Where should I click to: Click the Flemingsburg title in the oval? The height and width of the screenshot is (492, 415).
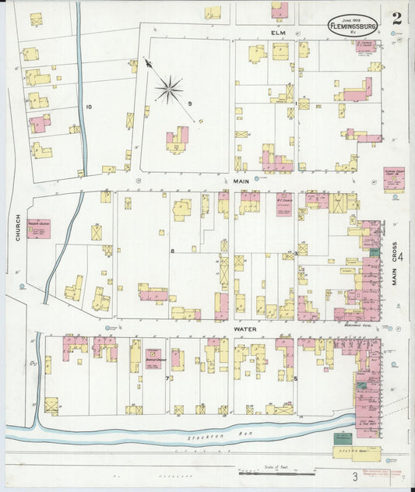click(x=352, y=24)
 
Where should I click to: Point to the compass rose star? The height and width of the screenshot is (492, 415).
click(x=169, y=89)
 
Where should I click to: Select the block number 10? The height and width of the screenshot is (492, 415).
click(x=90, y=107)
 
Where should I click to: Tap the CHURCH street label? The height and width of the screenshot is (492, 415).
click(x=16, y=227)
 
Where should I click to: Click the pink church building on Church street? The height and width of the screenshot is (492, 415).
click(x=39, y=228)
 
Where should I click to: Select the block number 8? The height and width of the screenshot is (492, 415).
click(x=171, y=251)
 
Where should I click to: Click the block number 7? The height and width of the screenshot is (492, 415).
click(x=167, y=378)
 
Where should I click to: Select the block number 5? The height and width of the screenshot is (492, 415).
click(x=296, y=378)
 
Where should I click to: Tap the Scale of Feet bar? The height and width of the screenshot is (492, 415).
click(x=276, y=471)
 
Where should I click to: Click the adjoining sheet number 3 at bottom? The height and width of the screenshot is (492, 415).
click(x=354, y=476)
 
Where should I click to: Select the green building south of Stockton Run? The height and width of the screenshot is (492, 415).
click(x=343, y=438)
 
